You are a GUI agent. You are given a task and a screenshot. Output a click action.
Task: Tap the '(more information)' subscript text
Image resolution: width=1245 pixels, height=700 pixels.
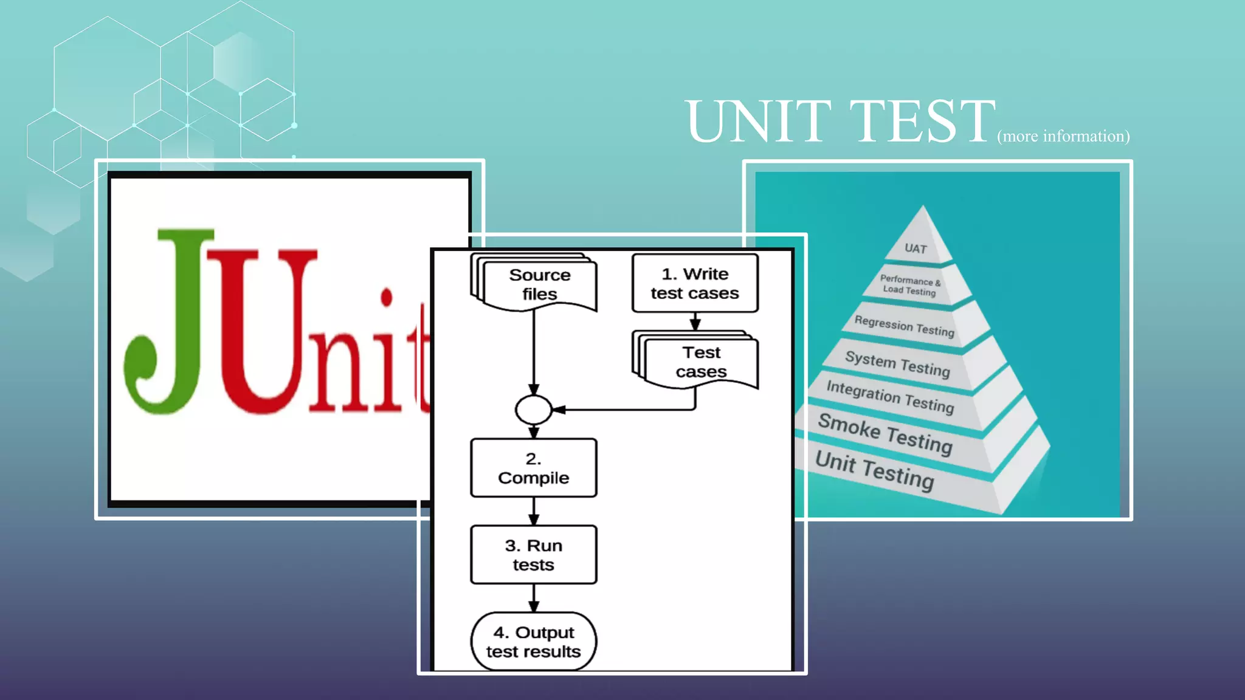1063,136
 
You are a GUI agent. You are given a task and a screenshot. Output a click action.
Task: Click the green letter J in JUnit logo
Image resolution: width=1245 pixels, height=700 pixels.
170,322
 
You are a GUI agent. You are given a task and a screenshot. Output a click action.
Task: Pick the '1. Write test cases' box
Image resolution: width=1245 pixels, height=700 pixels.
695,283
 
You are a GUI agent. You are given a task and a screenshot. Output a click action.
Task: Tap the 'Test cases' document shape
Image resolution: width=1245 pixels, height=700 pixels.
700,362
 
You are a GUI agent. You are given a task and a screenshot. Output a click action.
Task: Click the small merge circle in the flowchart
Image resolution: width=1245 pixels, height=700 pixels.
533,410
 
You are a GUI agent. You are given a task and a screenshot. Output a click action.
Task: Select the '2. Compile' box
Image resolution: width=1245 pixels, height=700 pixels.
533,468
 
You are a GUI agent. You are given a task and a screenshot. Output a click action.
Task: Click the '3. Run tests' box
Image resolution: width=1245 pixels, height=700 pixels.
533,555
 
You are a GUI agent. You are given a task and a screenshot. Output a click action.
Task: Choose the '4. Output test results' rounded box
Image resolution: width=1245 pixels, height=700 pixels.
533,642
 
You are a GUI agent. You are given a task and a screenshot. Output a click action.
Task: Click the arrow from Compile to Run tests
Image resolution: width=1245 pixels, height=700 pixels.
534,512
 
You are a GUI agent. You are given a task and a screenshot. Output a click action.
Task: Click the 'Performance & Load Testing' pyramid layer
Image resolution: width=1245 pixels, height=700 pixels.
909,285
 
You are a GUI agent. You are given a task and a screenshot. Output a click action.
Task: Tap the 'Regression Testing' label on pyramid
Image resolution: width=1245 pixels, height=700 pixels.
904,326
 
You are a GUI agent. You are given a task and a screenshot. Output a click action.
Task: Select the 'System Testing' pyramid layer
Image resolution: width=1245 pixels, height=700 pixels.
897,364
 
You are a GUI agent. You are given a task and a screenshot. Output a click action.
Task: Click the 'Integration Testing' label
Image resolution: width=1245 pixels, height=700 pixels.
890,397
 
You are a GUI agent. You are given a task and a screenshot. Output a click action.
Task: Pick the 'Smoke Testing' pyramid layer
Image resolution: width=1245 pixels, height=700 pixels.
885,433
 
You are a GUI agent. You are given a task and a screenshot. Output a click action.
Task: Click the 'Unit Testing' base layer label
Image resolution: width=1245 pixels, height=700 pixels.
874,470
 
